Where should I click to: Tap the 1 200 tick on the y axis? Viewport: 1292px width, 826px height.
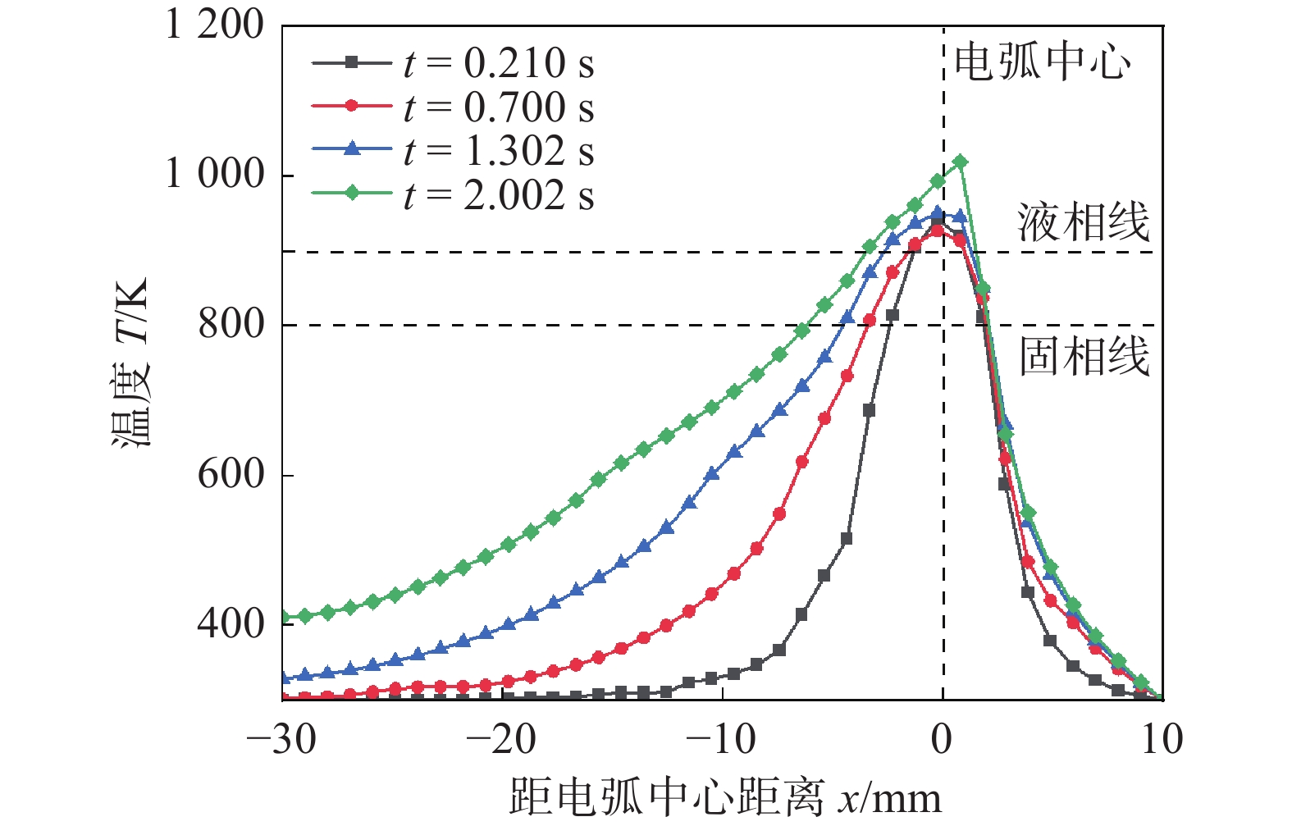[215, 25]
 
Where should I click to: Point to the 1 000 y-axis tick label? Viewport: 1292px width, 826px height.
[215, 174]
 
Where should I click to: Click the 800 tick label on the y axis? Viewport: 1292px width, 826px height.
[231, 324]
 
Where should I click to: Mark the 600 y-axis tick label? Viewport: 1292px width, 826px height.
[231, 474]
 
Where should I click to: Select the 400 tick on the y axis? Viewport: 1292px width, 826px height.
[231, 623]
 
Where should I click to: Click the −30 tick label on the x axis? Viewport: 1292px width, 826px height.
[281, 740]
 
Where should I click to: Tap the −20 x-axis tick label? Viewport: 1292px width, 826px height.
[501, 740]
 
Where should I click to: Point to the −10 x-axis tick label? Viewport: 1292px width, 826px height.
[721, 740]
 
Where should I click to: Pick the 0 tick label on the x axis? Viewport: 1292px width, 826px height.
[943, 740]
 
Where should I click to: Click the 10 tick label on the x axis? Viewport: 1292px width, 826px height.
[1162, 740]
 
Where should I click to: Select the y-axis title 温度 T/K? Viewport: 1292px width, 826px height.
[131, 362]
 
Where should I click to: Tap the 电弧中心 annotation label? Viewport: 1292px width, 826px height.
[1043, 62]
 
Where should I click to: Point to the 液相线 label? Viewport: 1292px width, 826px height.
[1084, 223]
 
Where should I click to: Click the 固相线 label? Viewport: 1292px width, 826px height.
[1084, 357]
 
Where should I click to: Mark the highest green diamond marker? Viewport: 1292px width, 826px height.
[961, 162]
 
